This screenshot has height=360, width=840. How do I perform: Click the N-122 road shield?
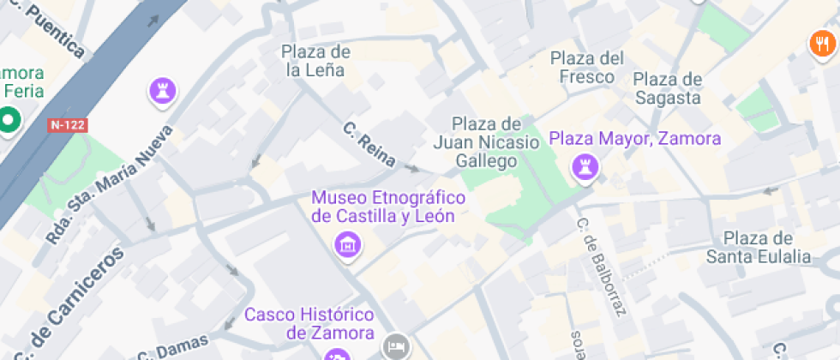point(69,125)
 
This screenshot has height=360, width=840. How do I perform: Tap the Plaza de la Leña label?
point(315,61)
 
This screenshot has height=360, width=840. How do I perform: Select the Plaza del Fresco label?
point(587,68)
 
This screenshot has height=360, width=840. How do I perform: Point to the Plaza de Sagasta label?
point(668,88)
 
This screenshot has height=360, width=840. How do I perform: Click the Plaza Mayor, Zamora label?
point(635,138)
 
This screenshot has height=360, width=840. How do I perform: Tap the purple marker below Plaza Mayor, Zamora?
point(585,167)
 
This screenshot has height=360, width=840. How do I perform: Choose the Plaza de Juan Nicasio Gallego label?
point(486,141)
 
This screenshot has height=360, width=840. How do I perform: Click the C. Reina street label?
point(369,145)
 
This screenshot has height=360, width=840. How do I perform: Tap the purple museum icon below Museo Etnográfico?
point(348,244)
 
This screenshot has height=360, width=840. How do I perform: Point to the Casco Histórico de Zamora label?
point(309,323)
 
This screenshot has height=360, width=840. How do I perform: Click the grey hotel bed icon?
point(395,346)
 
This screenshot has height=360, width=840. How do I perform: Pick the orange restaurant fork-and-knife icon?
point(821,45)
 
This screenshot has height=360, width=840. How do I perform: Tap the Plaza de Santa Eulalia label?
point(758,247)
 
